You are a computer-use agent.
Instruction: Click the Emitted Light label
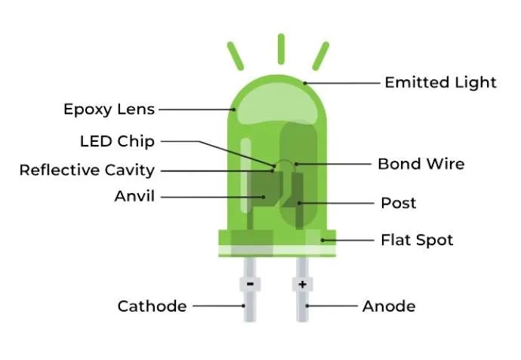pos(440,82)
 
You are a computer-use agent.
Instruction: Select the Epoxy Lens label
pos(109,109)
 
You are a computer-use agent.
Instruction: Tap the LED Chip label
pos(116,141)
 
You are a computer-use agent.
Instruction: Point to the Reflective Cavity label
pos(87,170)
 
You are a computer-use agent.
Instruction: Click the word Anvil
pos(134,196)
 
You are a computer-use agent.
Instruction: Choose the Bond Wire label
pos(421,164)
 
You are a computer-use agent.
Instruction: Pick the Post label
pos(399,203)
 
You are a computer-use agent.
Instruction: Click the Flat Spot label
pos(417,240)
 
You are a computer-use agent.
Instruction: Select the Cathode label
pos(152,306)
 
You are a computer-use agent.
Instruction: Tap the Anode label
pos(388,306)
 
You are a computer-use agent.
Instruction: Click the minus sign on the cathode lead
pos(249,285)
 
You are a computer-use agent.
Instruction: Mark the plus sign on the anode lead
pos(302,285)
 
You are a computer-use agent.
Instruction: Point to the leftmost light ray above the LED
pos(236,56)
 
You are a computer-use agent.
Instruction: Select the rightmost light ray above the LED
pos(322,56)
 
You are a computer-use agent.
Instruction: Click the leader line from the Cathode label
pos(217,306)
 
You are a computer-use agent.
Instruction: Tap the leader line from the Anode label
pos(332,306)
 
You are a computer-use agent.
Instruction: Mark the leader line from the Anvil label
pos(211,196)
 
